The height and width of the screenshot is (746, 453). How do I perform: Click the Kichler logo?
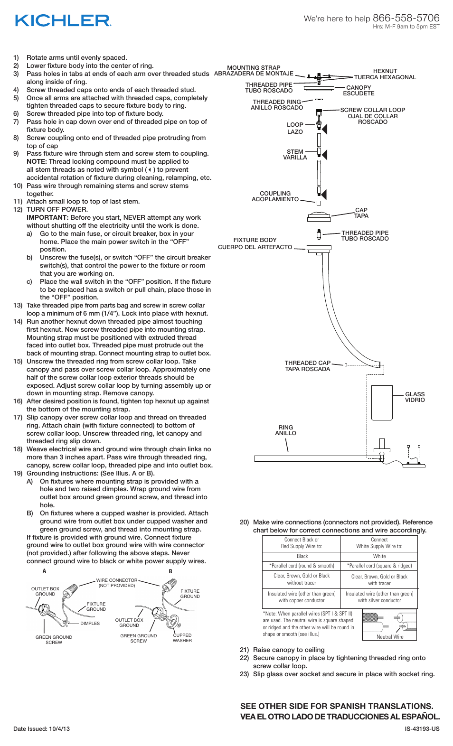(63, 21)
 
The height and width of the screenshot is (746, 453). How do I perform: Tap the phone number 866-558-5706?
(406, 18)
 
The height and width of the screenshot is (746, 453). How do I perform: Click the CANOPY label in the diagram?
(359, 88)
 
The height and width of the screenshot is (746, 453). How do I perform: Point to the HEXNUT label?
(385, 71)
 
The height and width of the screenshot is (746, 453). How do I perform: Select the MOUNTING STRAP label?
(254, 67)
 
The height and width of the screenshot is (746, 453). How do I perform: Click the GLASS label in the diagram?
(415, 394)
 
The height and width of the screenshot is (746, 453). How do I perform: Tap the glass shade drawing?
(382, 403)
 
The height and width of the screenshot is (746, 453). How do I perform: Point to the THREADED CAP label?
(307, 363)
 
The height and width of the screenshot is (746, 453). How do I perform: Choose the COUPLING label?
(275, 194)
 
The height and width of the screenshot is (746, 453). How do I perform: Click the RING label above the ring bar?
(286, 427)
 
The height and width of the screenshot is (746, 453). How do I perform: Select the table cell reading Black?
(302, 556)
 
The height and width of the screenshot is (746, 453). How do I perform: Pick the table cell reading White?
(379, 556)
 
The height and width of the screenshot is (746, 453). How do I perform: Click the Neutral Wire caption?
(390, 636)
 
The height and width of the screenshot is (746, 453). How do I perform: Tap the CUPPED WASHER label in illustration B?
(182, 638)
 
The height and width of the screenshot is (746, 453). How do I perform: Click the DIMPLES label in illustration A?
(90, 623)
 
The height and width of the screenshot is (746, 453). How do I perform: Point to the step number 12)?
(18, 209)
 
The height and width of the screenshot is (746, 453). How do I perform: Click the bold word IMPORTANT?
(47, 217)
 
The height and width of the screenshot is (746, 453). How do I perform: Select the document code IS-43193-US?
(422, 729)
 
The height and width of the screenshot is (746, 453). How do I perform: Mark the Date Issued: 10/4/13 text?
(42, 729)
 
